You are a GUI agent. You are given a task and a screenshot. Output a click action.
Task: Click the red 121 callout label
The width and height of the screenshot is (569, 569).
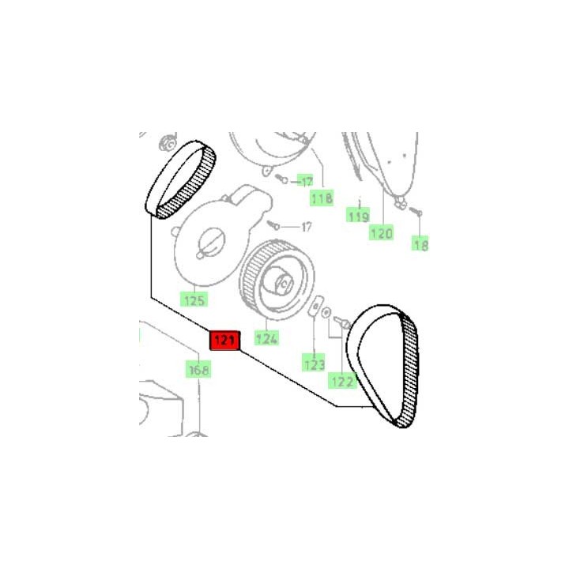click(225, 341)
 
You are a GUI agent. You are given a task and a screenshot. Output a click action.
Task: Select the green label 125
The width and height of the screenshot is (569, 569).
click(194, 300)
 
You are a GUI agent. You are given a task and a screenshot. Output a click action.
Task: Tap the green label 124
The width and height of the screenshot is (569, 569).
click(267, 338)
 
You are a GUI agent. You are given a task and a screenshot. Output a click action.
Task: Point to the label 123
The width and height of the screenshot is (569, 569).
click(314, 364)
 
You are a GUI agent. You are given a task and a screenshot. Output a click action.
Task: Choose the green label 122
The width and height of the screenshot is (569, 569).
click(342, 381)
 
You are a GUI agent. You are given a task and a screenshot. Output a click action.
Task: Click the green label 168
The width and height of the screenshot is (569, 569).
click(198, 369)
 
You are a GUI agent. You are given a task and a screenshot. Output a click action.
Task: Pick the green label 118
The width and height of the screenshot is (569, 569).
click(322, 198)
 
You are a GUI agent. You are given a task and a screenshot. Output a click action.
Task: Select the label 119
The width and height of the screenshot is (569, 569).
click(358, 216)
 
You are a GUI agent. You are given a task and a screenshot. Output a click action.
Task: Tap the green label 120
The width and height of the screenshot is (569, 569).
click(381, 232)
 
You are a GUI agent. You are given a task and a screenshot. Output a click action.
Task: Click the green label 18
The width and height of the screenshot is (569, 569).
click(420, 244)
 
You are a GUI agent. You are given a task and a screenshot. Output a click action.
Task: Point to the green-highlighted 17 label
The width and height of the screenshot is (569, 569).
click(306, 180)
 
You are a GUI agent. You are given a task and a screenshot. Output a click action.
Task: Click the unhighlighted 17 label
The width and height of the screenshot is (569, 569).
click(307, 227)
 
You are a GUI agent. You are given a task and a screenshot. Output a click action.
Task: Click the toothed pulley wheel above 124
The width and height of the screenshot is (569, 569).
click(277, 280)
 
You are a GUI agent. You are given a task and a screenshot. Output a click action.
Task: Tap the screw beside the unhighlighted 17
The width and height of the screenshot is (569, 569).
click(273, 225)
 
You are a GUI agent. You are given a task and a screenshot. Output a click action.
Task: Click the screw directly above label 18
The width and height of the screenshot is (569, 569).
click(415, 212)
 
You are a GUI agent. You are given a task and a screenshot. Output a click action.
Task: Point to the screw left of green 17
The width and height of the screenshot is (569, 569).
click(281, 179)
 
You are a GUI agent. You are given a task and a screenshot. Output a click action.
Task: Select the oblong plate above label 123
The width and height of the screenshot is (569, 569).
click(315, 306)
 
